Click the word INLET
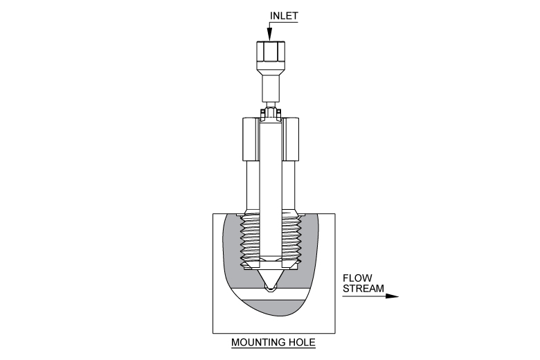(x=284, y=16)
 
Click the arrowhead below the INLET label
(x=270, y=35)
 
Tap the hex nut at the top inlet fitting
(x=271, y=52)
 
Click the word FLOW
(x=357, y=278)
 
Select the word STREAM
(x=363, y=288)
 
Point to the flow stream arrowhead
(x=392, y=296)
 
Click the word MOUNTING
(x=258, y=343)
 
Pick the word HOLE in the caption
(x=302, y=343)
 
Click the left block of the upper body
(x=250, y=139)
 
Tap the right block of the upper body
(x=291, y=139)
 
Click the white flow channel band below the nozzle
(x=271, y=296)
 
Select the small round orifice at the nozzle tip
(x=270, y=287)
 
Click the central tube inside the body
(x=271, y=190)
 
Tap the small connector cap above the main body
(x=271, y=113)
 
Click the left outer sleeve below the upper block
(x=253, y=187)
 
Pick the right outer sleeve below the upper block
(x=289, y=187)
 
